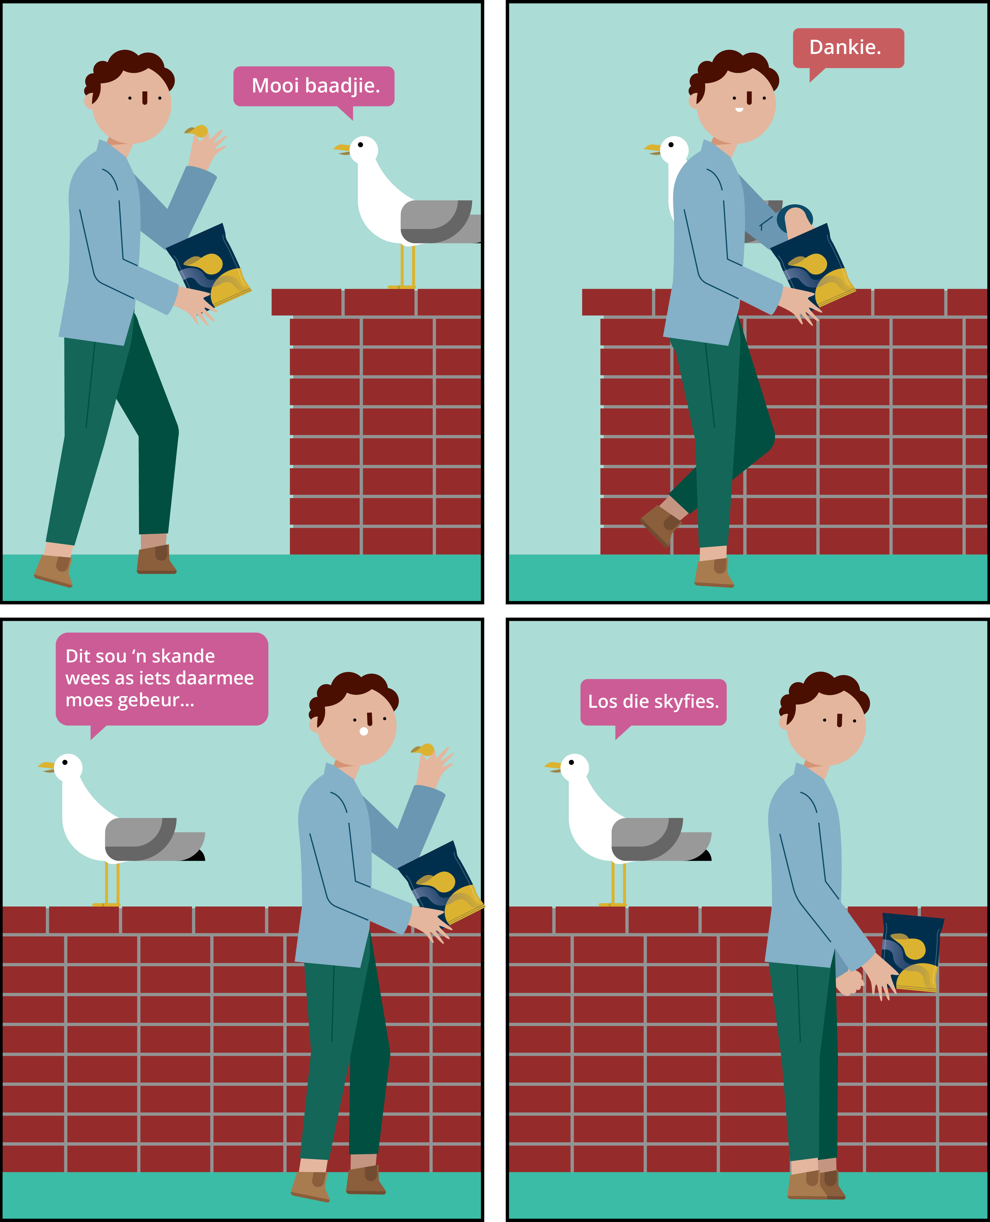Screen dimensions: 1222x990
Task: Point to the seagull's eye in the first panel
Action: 360,145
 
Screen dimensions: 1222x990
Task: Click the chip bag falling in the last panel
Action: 911,952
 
